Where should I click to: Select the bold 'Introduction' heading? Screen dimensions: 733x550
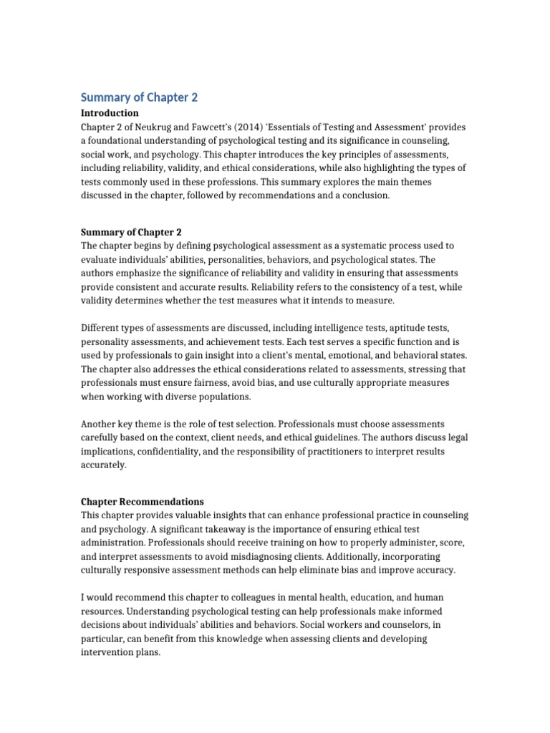click(110, 113)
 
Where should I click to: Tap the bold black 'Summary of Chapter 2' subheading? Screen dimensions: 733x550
click(131, 232)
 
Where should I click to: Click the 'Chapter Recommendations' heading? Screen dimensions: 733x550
click(142, 502)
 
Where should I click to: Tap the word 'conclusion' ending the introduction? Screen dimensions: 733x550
click(365, 195)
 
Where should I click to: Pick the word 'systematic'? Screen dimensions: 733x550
click(336, 246)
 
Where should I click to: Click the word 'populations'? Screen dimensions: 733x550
click(221, 396)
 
